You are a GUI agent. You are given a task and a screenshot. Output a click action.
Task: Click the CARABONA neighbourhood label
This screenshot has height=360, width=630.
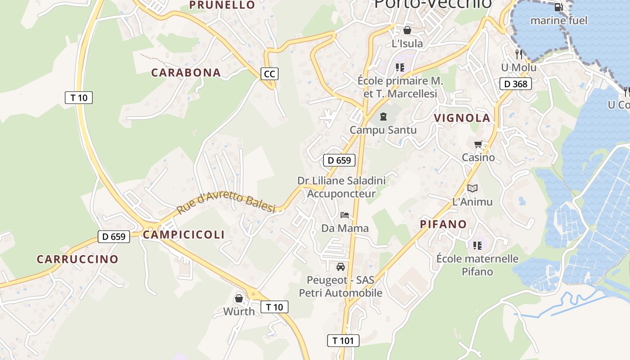click(x=186, y=72)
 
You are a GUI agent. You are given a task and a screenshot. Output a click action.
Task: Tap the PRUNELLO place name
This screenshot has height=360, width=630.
click(x=222, y=5)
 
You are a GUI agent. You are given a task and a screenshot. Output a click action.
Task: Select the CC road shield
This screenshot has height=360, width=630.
click(x=269, y=73)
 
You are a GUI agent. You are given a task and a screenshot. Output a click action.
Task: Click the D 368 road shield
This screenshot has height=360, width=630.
click(x=516, y=84)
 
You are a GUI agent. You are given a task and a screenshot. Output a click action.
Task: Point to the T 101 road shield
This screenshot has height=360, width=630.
click(x=343, y=341)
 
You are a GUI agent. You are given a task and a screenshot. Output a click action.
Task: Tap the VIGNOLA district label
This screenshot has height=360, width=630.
click(x=462, y=118)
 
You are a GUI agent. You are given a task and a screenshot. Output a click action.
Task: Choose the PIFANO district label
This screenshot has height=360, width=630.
click(x=443, y=224)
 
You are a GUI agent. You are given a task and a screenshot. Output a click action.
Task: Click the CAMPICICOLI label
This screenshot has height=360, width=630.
click(x=184, y=234)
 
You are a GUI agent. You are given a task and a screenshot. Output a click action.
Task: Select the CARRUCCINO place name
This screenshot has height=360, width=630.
click(x=77, y=259)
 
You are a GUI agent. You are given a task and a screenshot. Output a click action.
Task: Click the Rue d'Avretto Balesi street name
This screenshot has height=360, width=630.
click(x=226, y=202)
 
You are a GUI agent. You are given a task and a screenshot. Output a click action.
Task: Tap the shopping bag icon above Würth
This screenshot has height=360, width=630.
click(x=238, y=298)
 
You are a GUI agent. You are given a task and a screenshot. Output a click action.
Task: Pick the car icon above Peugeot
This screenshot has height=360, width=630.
click(x=341, y=266)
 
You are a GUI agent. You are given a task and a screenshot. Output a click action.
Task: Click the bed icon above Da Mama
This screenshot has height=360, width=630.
click(x=345, y=215)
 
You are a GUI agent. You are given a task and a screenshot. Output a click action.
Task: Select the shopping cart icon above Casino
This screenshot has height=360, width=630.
click(x=478, y=144)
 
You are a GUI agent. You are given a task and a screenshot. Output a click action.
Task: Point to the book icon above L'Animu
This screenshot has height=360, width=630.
click(x=472, y=188)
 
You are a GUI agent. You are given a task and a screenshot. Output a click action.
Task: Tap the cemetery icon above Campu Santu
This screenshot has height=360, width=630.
click(x=383, y=117)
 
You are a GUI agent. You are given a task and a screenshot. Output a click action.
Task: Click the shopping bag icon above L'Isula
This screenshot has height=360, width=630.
click(x=407, y=30)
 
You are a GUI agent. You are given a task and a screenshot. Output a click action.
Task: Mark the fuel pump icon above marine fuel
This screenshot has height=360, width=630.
click(x=558, y=7)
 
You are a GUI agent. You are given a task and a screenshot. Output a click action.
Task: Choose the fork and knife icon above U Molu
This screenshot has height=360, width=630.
click(x=519, y=54)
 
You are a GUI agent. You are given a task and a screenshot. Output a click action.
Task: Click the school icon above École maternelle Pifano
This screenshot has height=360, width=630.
click(x=477, y=245)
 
